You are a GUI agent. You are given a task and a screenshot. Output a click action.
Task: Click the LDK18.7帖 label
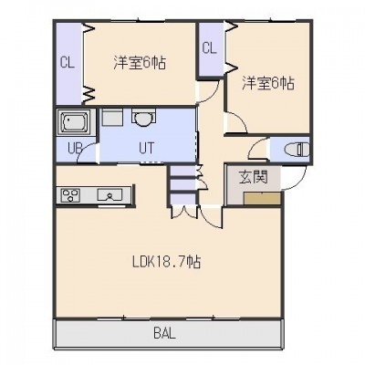[166, 262]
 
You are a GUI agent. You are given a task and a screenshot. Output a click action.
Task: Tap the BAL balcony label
[165, 334]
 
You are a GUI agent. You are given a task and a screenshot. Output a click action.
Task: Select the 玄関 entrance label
[253, 177]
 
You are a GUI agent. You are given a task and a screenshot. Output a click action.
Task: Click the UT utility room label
[147, 148]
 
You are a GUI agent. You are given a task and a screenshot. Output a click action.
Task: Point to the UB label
[75, 149]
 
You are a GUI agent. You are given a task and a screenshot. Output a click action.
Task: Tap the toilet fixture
[297, 150]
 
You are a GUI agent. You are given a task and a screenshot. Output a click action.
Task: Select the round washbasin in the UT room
[143, 118]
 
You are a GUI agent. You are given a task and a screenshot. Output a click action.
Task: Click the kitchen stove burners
[70, 194]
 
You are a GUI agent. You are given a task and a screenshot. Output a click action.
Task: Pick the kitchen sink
[109, 194]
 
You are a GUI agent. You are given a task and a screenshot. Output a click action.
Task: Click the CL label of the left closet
[68, 63]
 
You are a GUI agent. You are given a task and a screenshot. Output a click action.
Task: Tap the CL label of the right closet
[210, 47]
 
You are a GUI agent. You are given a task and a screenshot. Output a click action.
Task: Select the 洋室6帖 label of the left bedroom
[140, 63]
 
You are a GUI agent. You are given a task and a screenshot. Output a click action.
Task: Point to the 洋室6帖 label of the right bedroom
[268, 83]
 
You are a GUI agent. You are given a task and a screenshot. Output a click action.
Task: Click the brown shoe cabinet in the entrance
[262, 199]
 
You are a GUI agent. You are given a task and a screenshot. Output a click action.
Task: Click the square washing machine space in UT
[112, 117]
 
